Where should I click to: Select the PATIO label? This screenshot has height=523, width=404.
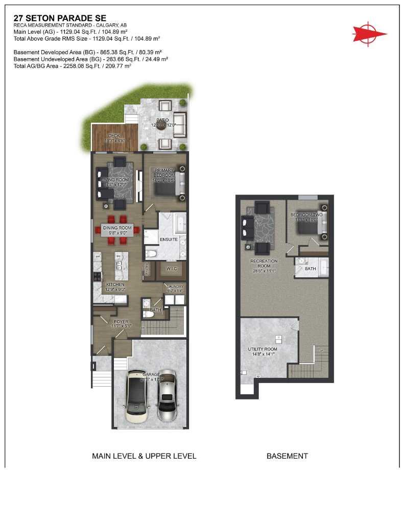coord(163,120)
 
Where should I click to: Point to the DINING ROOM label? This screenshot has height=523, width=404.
coord(117,228)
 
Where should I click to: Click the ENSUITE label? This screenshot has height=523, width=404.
coord(169,239)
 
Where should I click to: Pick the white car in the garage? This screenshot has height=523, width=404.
coord(137,395)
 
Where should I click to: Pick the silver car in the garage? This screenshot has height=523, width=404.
coord(167,396)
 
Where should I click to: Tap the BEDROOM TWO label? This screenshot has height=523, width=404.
coord(306,215)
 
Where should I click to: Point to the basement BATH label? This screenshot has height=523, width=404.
coord(310,268)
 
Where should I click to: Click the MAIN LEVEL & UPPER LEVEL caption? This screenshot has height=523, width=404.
coord(144,456)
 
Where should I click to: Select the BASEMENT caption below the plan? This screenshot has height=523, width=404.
coord(287,456)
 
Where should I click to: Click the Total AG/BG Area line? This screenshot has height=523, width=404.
coord(73,66)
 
